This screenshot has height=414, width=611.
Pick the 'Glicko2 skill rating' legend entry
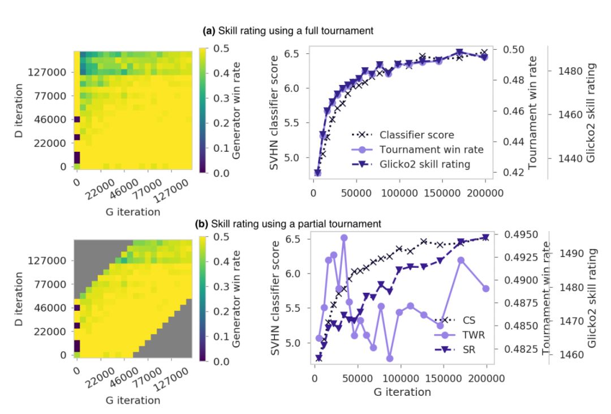pyautogui.click(x=427, y=164)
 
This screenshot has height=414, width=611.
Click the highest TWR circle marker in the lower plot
pyautogui.click(x=344, y=238)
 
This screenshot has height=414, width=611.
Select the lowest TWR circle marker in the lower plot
pyautogui.click(x=390, y=358)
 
